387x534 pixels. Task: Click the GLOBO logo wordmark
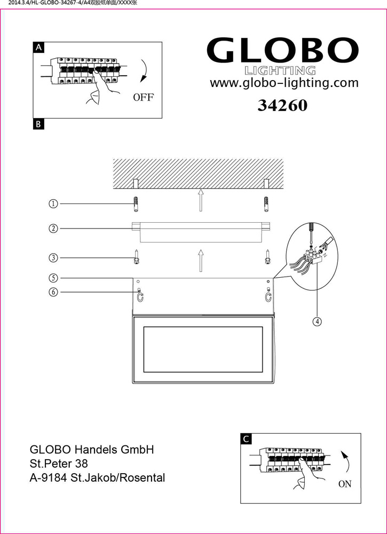point(282,50)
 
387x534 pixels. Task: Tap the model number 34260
point(282,106)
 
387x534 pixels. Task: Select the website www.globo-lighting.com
point(284,83)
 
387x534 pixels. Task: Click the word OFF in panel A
point(143,98)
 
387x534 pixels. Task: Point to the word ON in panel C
point(345,484)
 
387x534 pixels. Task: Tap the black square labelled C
point(246,439)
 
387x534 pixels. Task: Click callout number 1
point(53,204)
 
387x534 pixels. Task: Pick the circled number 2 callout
point(53,229)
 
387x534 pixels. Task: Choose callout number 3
point(53,258)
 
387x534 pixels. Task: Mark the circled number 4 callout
point(317,321)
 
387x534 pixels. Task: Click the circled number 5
point(53,278)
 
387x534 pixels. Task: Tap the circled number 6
point(53,292)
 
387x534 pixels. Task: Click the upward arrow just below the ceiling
point(201,200)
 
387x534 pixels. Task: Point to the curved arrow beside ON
point(345,462)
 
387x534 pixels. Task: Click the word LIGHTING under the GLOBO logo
point(280,70)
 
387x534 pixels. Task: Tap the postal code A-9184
point(49,477)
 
